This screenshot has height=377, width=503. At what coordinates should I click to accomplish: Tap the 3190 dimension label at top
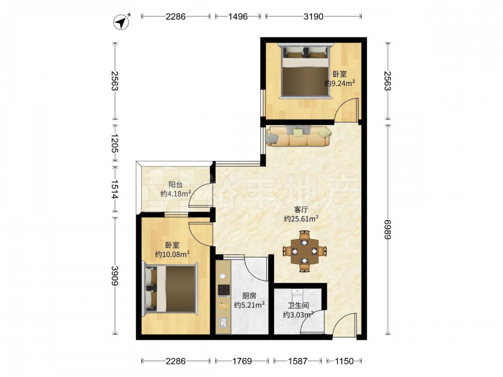pyautogui.click(x=313, y=17)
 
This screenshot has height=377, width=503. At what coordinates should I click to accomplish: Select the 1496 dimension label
pyautogui.click(x=238, y=17)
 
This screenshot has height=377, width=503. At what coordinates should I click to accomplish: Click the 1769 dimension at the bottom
pyautogui.click(x=242, y=361)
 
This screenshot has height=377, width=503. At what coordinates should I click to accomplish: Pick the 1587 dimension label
pyautogui.click(x=297, y=361)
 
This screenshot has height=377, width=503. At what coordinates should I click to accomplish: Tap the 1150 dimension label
pyautogui.click(x=344, y=361)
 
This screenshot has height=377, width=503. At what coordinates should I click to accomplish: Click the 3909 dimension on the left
pyautogui.click(x=115, y=275)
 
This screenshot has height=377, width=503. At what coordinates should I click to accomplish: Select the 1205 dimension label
pyautogui.click(x=115, y=143)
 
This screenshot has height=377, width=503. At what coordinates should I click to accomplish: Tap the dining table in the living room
pyautogui.click(x=304, y=251)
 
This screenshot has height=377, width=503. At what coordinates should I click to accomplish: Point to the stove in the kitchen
pyautogui.click(x=224, y=290)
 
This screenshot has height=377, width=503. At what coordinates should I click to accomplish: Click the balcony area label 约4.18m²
pyautogui.click(x=176, y=194)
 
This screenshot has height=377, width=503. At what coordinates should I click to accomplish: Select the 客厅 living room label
pyautogui.click(x=301, y=210)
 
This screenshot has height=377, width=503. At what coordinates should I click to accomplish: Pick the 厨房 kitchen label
pyautogui.click(x=249, y=296)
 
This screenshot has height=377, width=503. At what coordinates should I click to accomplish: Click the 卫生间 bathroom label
pyautogui.click(x=298, y=306)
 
